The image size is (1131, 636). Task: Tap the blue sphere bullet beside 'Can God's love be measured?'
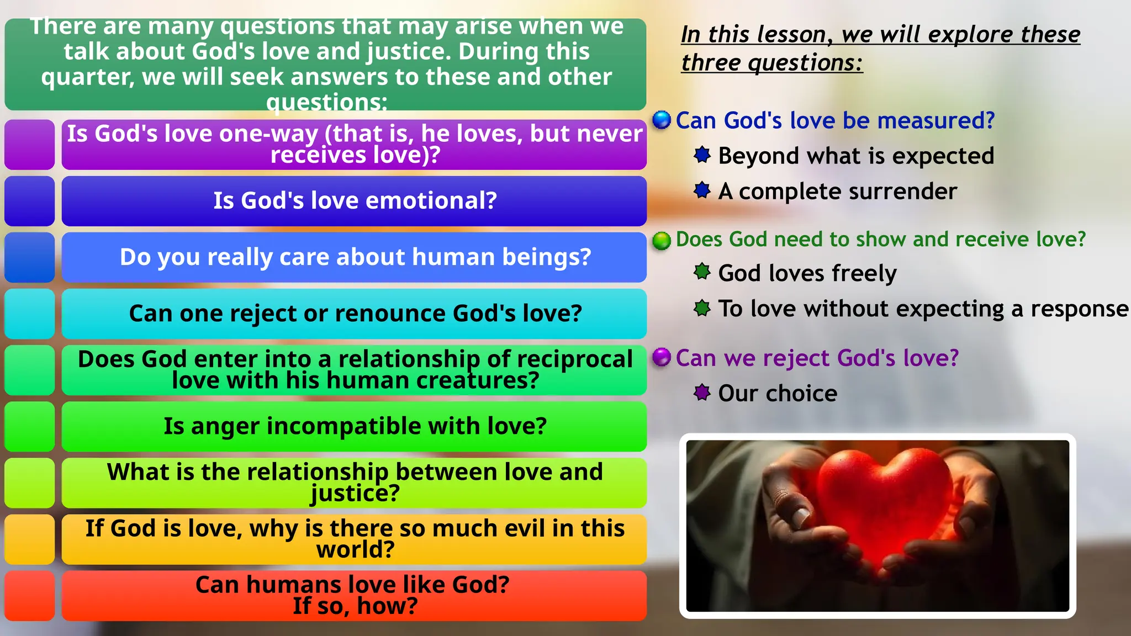click(661, 120)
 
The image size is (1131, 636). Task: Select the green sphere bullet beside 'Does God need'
click(661, 240)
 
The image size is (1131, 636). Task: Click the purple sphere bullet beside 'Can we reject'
click(661, 357)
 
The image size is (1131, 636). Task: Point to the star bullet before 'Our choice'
click(702, 393)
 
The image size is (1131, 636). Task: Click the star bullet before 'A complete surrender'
click(702, 190)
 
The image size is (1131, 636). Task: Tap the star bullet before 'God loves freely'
click(702, 272)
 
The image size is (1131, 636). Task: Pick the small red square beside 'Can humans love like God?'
click(30, 596)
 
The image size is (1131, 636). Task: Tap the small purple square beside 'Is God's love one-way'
click(30, 145)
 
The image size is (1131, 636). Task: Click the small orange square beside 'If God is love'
click(30, 539)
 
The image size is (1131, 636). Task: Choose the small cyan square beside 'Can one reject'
click(30, 314)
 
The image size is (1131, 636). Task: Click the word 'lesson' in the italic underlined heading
click(795, 35)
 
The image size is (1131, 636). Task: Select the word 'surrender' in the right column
click(903, 192)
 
